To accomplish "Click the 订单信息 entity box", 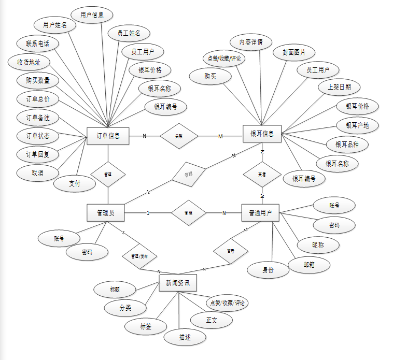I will pos(108,136).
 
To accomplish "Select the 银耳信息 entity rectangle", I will pos(262,134).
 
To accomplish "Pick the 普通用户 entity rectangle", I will pos(260,212).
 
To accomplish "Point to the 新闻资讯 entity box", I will pos(177,283).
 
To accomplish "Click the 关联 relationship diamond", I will pos(179,136).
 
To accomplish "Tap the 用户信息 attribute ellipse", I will pos(92,15).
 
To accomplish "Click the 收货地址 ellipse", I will pos(29,62).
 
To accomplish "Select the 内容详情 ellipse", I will pos(250,42).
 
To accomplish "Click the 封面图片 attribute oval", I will pos(294,52).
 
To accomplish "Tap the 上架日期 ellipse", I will pos(339,87).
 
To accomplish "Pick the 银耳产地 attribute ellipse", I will pos(357,125).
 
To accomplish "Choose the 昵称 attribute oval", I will pos(318,244).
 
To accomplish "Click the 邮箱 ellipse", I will pos(310,265).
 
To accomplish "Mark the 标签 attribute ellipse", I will pos(146,326).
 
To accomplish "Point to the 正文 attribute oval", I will pos(212,320).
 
